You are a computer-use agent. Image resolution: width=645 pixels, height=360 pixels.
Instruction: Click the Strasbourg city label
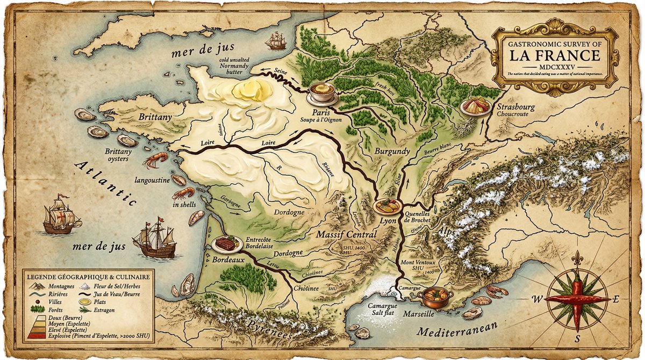tap(515, 107)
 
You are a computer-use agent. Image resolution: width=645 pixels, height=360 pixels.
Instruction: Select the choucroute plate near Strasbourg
tap(475, 106)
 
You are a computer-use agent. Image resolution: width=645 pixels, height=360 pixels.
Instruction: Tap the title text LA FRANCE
tap(555, 55)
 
